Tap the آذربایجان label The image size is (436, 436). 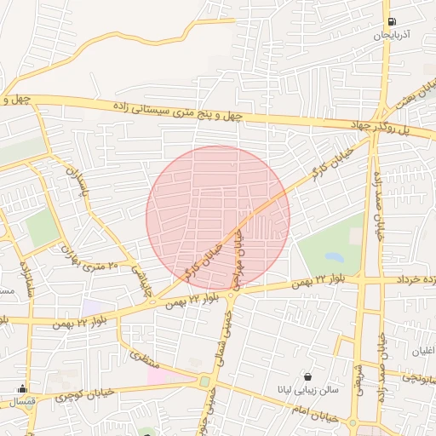[392, 36]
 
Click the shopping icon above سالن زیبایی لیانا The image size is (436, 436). [307, 376]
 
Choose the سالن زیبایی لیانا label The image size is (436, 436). [307, 390]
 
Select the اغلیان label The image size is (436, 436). [422, 352]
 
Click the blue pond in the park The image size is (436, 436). [335, 256]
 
